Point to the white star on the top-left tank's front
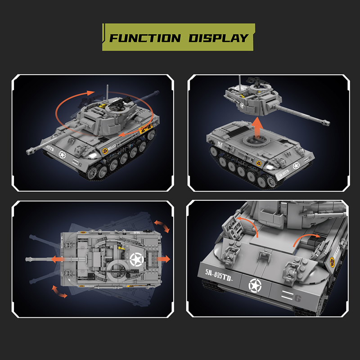62,155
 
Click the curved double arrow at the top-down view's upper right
162,225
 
